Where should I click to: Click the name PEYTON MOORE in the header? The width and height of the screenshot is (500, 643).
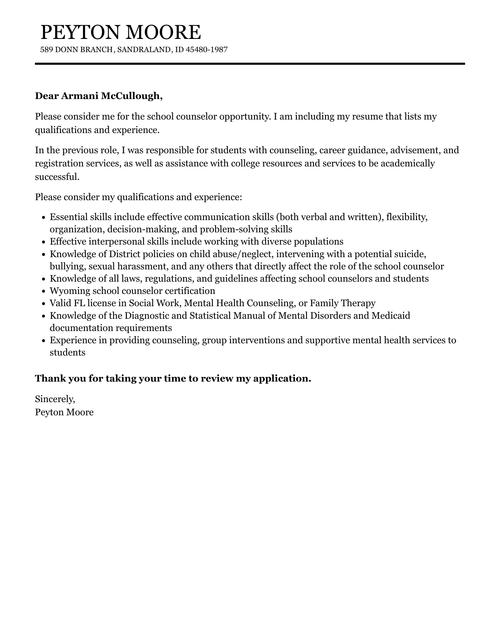tap(121, 32)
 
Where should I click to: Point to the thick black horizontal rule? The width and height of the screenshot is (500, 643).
tap(250, 64)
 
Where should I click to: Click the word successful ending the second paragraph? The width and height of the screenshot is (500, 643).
tap(57, 177)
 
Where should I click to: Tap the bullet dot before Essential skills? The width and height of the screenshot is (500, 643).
tap(44, 218)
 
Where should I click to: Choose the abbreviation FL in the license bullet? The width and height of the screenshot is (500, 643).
tap(79, 303)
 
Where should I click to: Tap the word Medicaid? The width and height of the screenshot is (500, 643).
tap(391, 315)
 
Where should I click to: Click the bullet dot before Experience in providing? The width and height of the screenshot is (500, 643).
tap(44, 341)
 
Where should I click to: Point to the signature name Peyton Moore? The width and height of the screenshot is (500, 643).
tap(64, 412)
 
